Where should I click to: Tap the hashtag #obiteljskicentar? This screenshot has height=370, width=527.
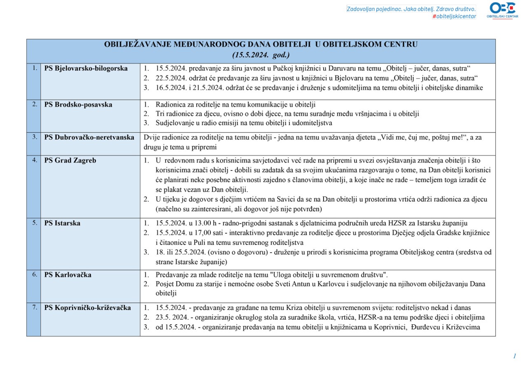point(454,16)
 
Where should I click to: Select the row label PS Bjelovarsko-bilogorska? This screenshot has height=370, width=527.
point(86,68)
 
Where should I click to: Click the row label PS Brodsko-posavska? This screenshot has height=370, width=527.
point(78,105)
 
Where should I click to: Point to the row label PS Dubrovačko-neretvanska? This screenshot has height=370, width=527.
point(89,137)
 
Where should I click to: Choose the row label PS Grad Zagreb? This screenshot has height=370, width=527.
point(70,161)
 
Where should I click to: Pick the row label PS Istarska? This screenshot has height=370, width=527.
point(62,223)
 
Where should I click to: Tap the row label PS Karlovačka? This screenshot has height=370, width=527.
point(68,275)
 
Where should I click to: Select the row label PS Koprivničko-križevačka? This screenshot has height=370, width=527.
point(87,307)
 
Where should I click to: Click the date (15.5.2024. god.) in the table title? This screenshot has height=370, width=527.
point(261,54)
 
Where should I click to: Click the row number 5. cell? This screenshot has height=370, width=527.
point(35,223)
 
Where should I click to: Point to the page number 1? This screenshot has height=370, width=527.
point(514,356)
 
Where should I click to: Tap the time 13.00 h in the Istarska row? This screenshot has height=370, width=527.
point(204,223)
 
